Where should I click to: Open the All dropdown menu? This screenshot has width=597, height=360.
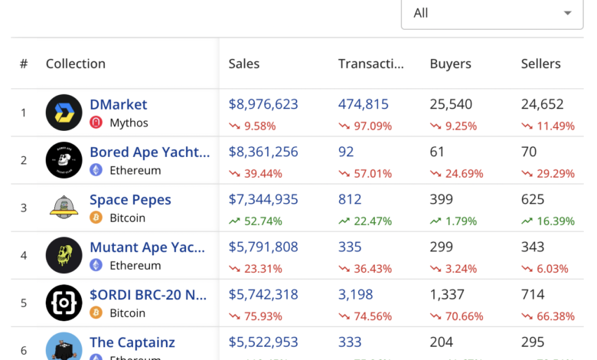coord(491,13)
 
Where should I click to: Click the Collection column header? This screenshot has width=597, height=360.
coord(75,64)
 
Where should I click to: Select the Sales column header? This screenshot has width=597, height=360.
coord(244,64)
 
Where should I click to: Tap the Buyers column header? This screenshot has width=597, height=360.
coord(450,64)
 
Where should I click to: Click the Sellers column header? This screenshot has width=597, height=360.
coord(540,64)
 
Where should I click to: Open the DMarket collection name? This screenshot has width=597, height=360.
coord(118,104)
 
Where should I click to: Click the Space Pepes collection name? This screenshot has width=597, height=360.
coord(130,199)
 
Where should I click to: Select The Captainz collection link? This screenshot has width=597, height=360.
coord(132,342)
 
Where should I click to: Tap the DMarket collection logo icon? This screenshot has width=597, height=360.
coord(64,113)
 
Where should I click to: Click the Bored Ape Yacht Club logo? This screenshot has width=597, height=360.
coord(64,160)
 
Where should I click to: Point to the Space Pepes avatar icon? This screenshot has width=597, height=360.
coord(64,208)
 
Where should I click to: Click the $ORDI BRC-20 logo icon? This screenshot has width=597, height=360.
coord(64,303)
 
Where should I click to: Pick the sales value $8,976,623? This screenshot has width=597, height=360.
coord(263,104)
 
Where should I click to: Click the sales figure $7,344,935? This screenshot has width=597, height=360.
coord(263,199)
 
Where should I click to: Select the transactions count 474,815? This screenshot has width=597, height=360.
coord(363,104)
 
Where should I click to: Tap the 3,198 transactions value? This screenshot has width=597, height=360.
coord(356,294)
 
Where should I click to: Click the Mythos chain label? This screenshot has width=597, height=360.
coord(129,123)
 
